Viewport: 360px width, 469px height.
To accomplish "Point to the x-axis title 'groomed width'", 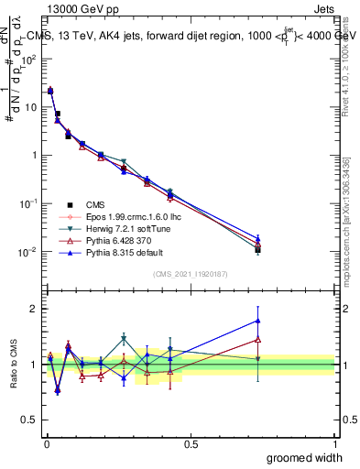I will coord(304,457).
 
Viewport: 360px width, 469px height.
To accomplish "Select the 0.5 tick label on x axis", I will coord(191,443).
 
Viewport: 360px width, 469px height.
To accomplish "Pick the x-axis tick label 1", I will coord(335,443).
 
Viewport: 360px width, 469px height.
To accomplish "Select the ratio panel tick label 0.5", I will coord(28,420).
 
